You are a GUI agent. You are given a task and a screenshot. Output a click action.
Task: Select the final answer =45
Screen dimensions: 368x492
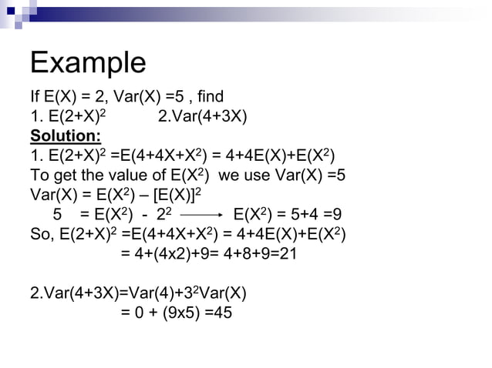coord(218,314)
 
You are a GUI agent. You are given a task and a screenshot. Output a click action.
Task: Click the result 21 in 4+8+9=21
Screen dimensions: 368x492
coord(287,255)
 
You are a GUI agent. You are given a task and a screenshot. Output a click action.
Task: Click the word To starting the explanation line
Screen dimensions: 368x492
coord(40,176)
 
